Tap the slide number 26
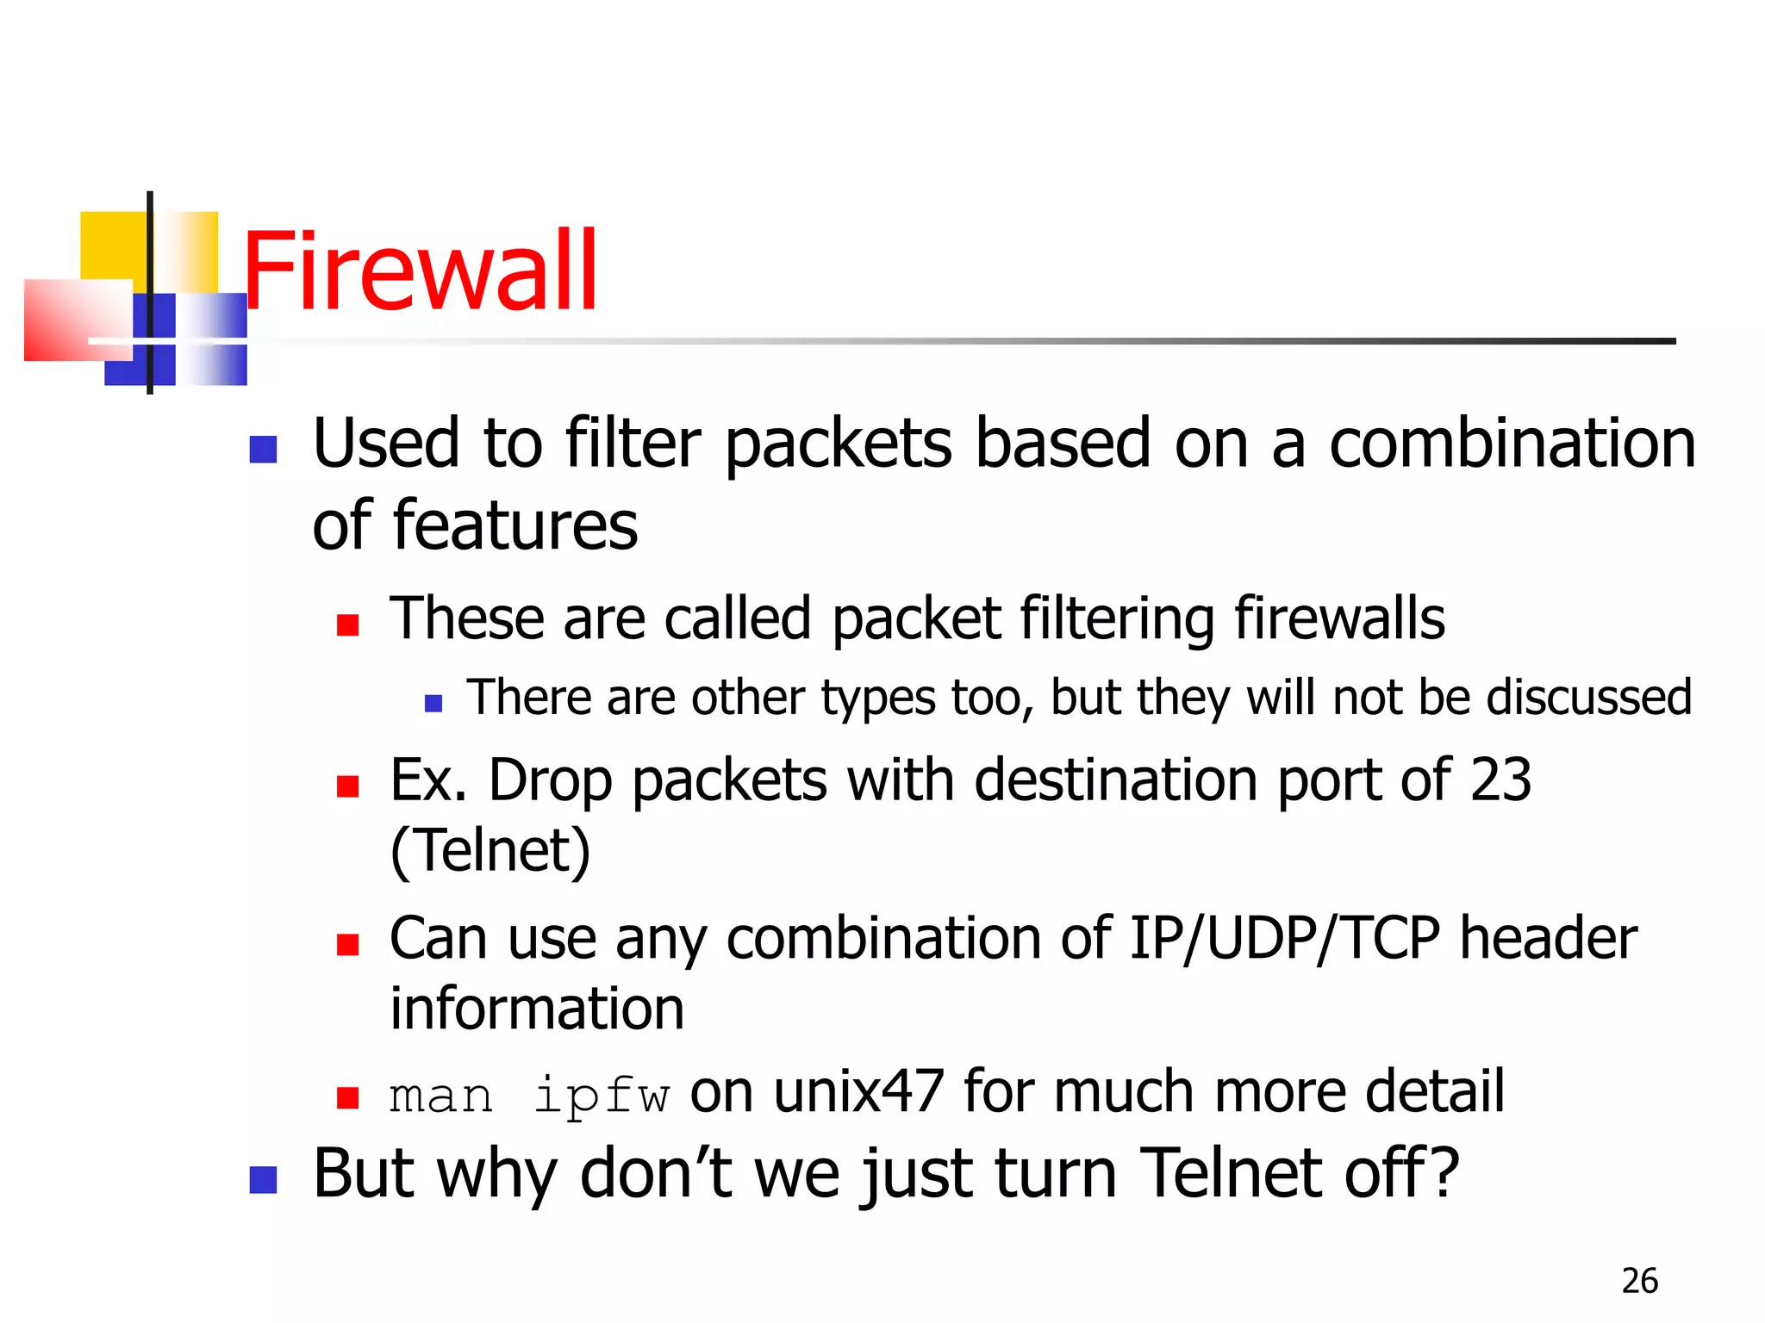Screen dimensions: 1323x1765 click(1639, 1281)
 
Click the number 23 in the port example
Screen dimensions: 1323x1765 click(1500, 780)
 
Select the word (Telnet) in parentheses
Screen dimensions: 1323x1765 click(490, 851)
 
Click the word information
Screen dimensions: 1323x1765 click(537, 1009)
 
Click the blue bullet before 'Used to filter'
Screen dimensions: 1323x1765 click(263, 449)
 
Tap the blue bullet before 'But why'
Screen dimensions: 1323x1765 click(263, 1179)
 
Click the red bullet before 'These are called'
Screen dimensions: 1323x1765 click(347, 624)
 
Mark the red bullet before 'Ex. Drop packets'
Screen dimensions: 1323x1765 click(347, 786)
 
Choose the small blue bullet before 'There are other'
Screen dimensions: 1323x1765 click(433, 704)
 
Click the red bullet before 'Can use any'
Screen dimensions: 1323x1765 click(347, 945)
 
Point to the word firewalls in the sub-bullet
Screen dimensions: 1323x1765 click(1339, 618)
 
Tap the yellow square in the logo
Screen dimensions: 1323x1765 click(113, 245)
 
